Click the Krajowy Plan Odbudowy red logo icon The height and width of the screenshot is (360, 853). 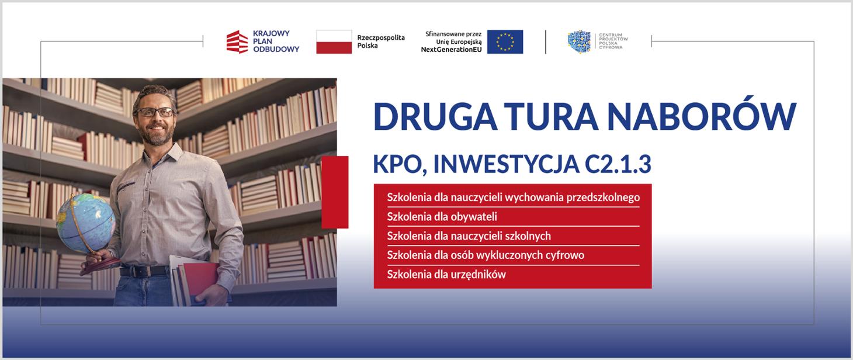point(237,41)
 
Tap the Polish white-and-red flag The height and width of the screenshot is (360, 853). point(334,42)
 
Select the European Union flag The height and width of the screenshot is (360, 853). point(505,42)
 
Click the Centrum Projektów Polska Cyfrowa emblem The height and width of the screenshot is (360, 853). point(579,41)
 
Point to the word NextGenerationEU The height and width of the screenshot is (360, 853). point(451,50)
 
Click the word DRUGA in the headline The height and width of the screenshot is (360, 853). point(435,116)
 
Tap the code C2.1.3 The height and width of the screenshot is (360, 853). point(618,164)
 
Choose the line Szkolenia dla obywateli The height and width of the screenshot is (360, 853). point(442,217)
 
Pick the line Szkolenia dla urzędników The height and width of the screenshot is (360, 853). point(446,274)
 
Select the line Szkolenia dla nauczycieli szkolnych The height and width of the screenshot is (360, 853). point(469,236)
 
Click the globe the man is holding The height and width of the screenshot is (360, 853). point(85,223)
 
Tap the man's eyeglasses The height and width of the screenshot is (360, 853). point(155,112)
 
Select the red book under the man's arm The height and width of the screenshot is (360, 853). point(199,281)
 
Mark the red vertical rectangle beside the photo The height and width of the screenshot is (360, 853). point(335,192)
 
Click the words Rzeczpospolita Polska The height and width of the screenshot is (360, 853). point(381,41)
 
